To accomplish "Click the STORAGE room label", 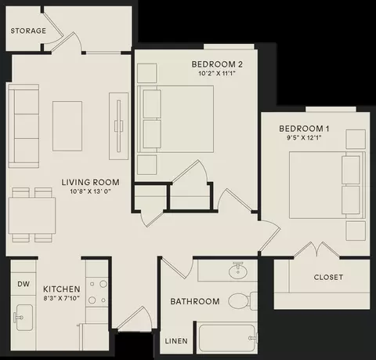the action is [28, 31].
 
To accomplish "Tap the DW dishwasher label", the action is [23, 284].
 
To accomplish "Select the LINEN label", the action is [176, 341].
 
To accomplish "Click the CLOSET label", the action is [328, 277].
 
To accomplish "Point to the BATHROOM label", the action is [195, 301].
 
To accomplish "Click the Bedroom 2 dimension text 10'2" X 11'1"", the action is [217, 74].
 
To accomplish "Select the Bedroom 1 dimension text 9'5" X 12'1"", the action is [304, 138].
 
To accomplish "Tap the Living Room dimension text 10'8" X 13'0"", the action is [90, 191].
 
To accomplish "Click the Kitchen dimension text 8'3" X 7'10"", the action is [61, 298].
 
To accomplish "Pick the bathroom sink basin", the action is [238, 272].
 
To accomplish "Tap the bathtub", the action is [226, 338].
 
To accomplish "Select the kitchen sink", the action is [23, 318].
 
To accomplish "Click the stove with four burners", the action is [97, 293].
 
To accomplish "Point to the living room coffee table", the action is [67, 126].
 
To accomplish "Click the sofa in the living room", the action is [23, 125].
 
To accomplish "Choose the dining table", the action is [32, 216].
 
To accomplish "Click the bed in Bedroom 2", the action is [175, 119].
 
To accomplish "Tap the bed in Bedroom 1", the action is [327, 185].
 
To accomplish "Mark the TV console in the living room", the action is [118, 126].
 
